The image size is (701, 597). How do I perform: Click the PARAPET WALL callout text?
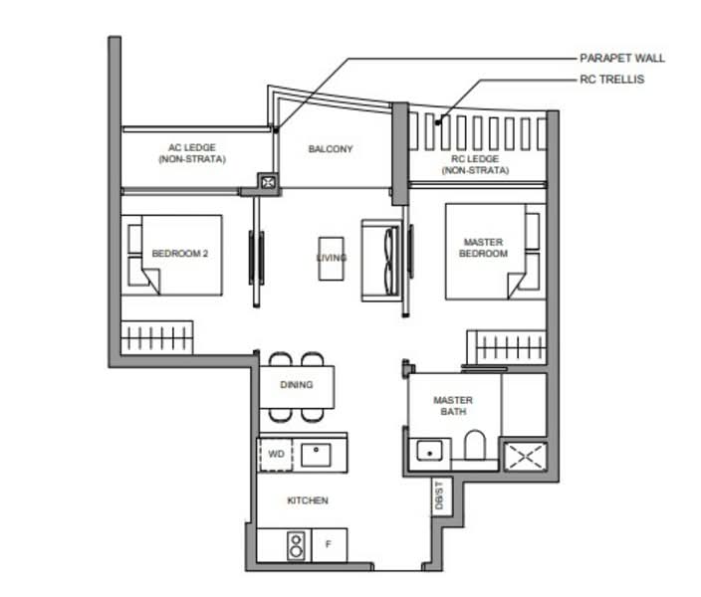point(622,58)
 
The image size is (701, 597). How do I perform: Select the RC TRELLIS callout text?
point(613,79)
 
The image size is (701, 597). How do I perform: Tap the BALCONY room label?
point(330,149)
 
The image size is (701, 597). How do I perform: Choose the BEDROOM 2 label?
point(180,254)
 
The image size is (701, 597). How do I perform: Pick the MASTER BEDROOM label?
point(483,248)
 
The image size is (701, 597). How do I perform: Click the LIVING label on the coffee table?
point(332,258)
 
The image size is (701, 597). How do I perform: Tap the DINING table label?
point(296,385)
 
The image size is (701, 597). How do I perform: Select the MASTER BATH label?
point(453,406)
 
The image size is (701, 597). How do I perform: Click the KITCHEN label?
point(308,500)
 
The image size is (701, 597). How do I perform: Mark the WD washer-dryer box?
point(276,455)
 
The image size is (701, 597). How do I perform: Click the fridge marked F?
point(328,544)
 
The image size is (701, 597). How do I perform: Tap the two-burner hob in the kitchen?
point(295,544)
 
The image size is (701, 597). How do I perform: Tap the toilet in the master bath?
point(475,447)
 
